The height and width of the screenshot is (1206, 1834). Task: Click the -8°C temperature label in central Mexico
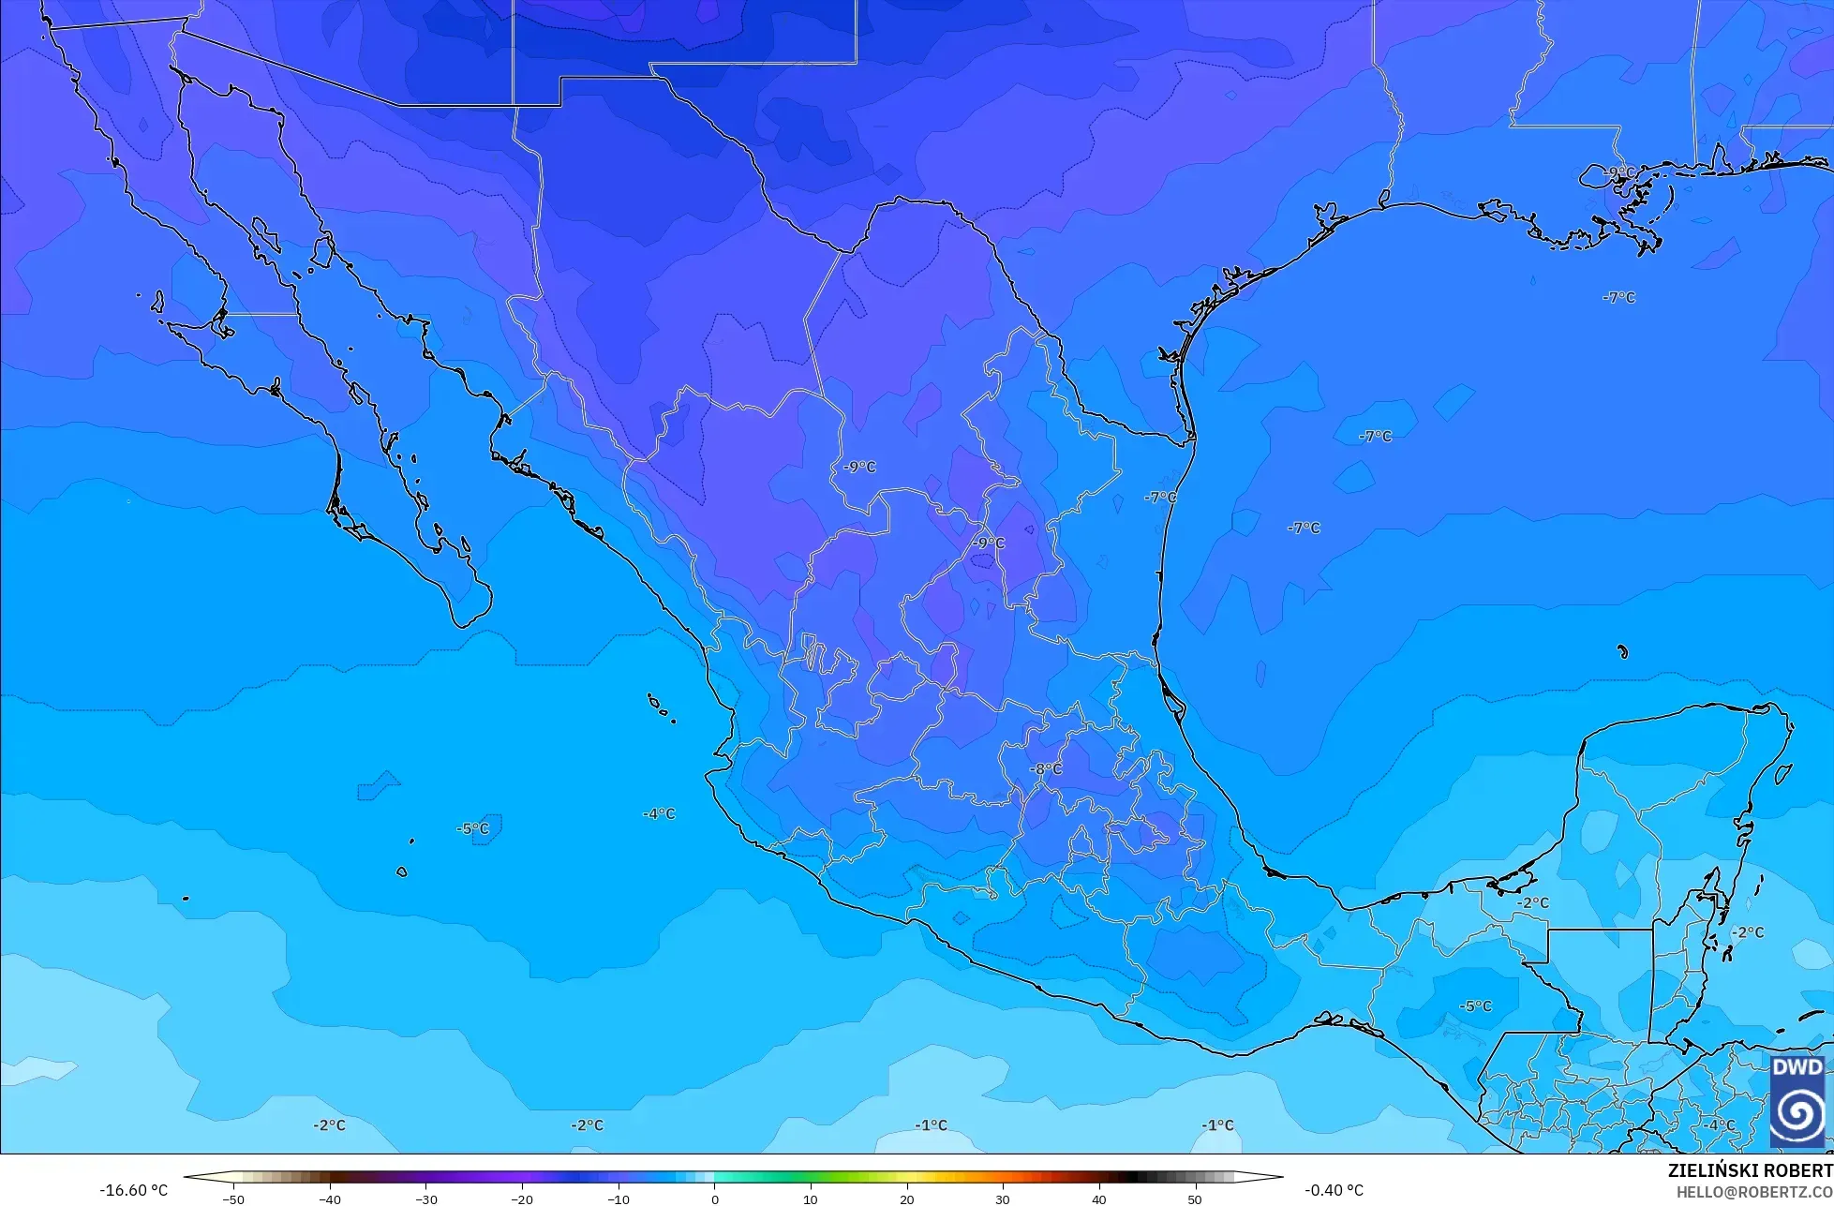[x=1046, y=769]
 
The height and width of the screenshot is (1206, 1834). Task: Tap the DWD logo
[x=1797, y=1100]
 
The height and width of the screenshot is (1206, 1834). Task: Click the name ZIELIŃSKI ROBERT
[x=1750, y=1171]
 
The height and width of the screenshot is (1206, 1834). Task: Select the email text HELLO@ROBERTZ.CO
[x=1754, y=1192]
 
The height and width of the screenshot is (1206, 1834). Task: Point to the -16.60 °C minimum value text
[x=134, y=1190]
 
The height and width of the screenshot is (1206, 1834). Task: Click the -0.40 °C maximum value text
[x=1334, y=1190]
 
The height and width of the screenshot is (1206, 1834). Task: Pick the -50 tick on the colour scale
[x=234, y=1199]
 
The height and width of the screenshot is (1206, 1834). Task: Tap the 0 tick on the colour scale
[x=714, y=1199]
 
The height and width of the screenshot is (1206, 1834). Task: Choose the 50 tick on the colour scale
[x=1194, y=1199]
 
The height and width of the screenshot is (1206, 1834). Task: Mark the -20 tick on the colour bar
[x=522, y=1199]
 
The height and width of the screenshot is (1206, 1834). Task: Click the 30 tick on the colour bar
[x=1003, y=1199]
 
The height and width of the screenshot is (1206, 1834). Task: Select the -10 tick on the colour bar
[x=619, y=1199]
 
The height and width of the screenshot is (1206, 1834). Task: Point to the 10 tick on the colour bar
[x=811, y=1199]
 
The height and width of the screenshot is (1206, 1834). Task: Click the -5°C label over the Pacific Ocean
[x=473, y=828]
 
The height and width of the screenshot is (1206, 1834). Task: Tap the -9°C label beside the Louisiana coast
[x=1618, y=172]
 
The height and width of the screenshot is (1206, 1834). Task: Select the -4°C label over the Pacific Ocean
[x=659, y=813]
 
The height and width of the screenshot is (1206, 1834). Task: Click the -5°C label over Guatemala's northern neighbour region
[x=1475, y=1005]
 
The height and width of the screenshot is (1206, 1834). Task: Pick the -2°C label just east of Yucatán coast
[x=1747, y=932]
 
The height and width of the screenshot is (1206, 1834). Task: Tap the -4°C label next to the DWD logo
[x=1720, y=1125]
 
